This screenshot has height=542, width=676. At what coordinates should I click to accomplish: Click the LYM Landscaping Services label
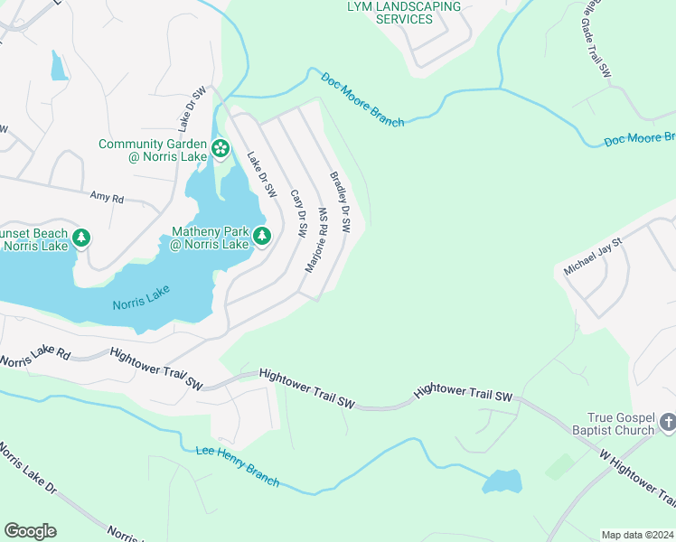[403, 13]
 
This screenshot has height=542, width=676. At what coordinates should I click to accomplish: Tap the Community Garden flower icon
[220, 147]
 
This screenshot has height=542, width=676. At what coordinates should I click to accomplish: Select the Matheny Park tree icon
[262, 237]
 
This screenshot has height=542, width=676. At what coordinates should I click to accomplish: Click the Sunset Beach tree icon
[82, 238]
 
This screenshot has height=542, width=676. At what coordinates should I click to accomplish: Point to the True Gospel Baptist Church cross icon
[667, 422]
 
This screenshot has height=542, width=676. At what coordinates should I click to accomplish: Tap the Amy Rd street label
[107, 196]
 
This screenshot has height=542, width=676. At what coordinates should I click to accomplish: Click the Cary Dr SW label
[297, 213]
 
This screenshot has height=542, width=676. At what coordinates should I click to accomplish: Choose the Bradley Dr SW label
[340, 203]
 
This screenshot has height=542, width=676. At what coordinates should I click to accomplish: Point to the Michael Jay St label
[593, 257]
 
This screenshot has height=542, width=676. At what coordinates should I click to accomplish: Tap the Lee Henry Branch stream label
[237, 465]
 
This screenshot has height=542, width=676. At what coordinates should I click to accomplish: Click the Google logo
[30, 531]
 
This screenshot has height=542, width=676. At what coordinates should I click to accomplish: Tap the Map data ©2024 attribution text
[637, 534]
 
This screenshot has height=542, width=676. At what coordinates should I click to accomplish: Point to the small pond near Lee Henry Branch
[502, 481]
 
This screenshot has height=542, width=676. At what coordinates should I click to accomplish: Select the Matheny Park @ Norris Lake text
[210, 238]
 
